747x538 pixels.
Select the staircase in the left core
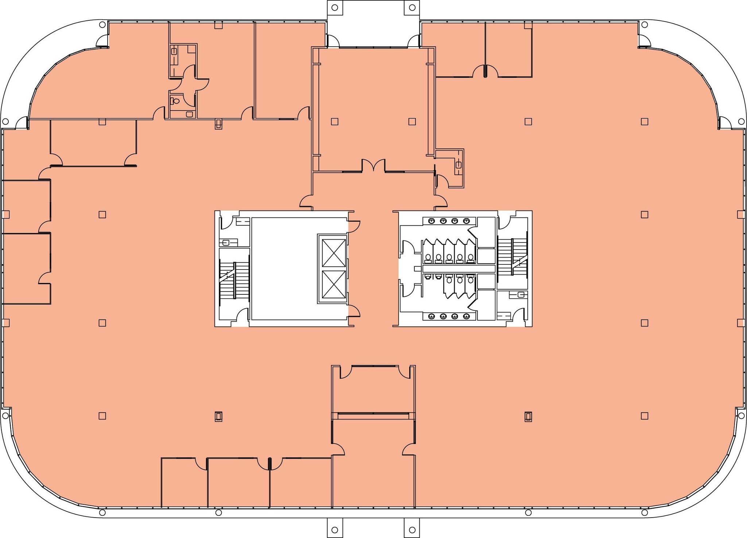point(233,279)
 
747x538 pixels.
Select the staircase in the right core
point(512,257)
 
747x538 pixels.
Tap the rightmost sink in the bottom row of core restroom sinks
point(466,316)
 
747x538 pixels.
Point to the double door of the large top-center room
point(373,166)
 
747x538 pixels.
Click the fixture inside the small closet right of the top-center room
point(458,165)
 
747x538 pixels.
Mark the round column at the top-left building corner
point(102,25)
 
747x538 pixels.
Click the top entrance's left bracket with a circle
point(334,7)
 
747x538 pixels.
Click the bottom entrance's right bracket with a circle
point(412,530)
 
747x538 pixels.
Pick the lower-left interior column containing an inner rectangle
point(218,416)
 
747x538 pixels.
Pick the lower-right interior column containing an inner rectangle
point(528,416)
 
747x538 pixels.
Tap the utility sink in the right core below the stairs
point(521,294)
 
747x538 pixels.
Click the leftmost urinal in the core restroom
point(427,277)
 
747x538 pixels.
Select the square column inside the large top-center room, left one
point(334,121)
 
